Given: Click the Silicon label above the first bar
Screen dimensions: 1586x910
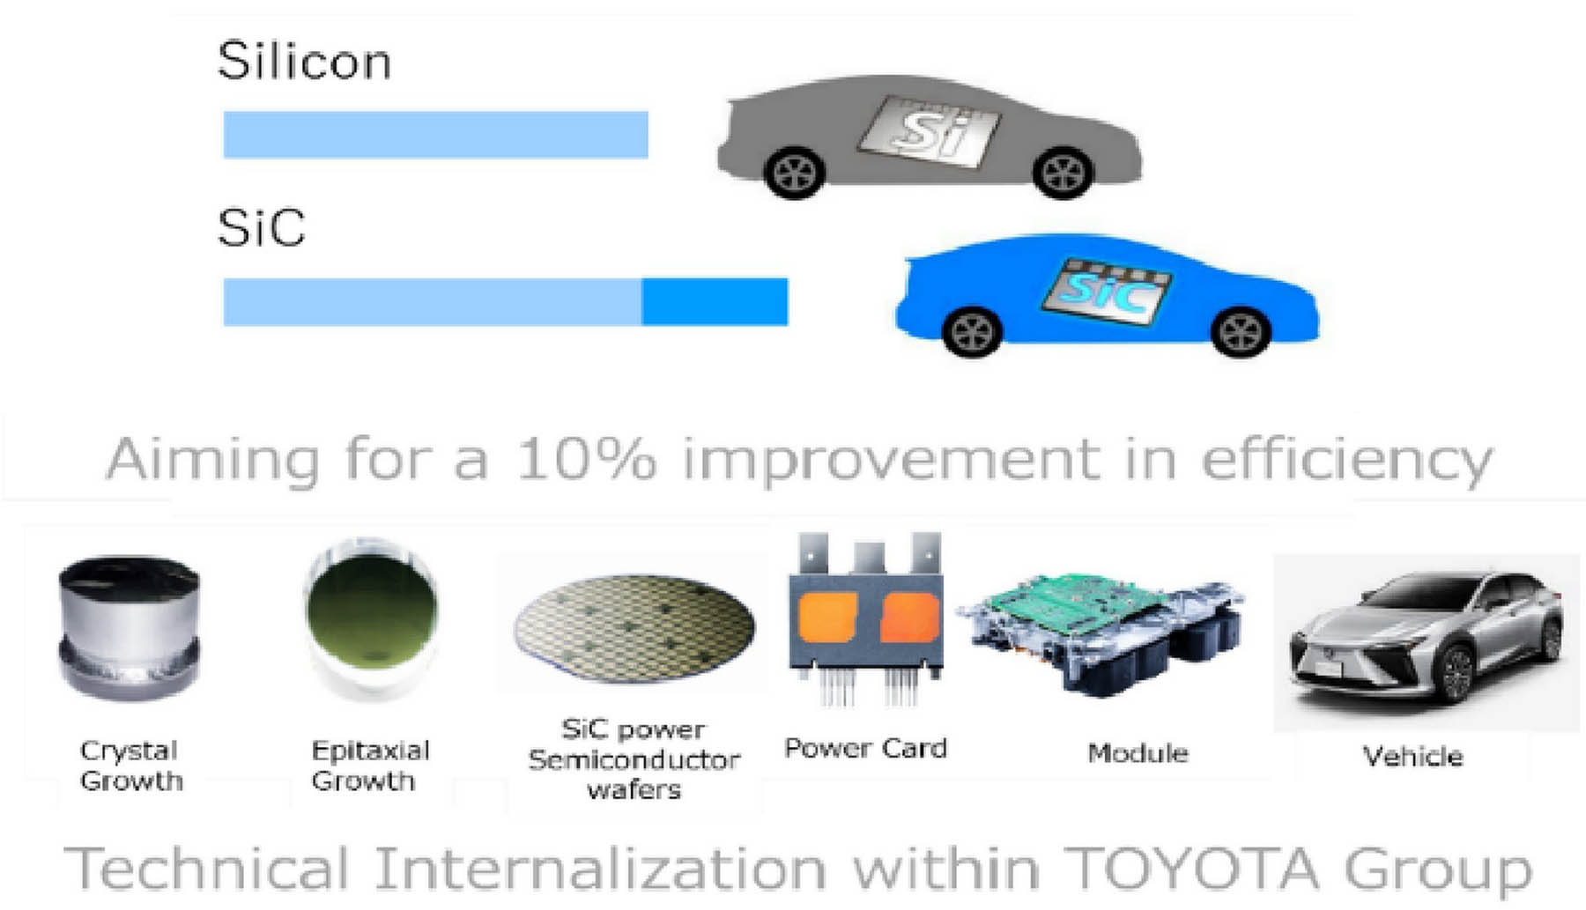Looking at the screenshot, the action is point(304,61).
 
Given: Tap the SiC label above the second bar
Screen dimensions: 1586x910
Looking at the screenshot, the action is point(261,227).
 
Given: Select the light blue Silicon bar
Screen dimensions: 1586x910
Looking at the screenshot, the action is point(435,135).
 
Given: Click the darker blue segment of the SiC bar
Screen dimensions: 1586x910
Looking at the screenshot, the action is point(715,302).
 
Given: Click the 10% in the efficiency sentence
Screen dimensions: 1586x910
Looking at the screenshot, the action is point(586,459).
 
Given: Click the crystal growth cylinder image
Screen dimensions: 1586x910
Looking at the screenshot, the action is point(130,627).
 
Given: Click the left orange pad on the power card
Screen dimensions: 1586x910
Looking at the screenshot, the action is point(827,618).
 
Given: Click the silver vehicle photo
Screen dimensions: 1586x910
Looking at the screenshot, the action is point(1426,643).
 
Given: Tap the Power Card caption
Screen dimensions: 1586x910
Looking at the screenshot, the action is point(865,749).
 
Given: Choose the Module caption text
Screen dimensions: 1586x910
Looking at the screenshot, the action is point(1138,753).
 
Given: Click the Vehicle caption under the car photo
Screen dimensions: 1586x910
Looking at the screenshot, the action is point(1412,756).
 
